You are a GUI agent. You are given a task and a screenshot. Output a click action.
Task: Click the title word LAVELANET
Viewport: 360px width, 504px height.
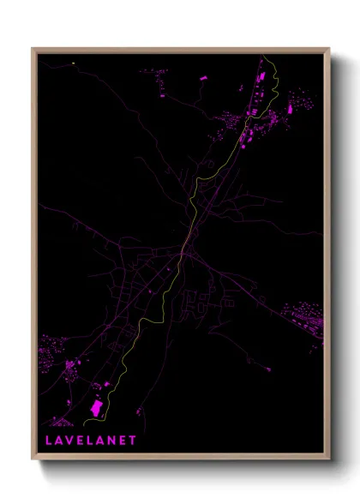tap(89, 440)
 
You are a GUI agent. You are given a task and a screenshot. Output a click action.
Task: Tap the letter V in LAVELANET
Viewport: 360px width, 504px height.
tap(69, 440)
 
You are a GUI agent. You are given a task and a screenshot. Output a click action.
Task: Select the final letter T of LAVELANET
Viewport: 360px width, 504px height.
tap(132, 440)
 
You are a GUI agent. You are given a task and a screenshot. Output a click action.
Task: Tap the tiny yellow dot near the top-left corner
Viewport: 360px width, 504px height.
tap(74, 63)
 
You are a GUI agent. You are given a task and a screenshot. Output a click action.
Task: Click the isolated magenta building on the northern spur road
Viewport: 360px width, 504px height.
tap(204, 78)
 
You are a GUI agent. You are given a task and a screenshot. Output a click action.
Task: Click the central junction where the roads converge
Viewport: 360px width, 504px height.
tap(184, 250)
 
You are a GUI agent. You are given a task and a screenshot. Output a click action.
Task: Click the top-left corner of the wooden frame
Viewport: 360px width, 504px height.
tap(33, 48)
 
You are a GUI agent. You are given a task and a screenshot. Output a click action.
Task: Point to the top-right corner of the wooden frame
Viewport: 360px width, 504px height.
tap(329, 48)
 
